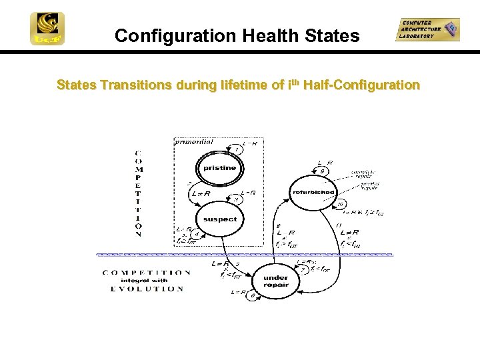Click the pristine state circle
tap(219, 168)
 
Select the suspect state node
tap(219, 219)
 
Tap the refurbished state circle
tap(313, 192)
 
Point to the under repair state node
tap(275, 281)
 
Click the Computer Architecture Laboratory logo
tap(427, 29)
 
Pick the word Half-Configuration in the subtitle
tap(361, 85)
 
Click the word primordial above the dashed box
tap(193, 141)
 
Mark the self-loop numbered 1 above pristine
tap(236, 149)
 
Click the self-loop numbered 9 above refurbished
tap(323, 171)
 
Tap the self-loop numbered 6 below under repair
tap(252, 295)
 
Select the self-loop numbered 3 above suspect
tap(235, 199)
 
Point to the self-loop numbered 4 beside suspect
tap(195, 234)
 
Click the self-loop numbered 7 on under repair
tap(303, 270)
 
